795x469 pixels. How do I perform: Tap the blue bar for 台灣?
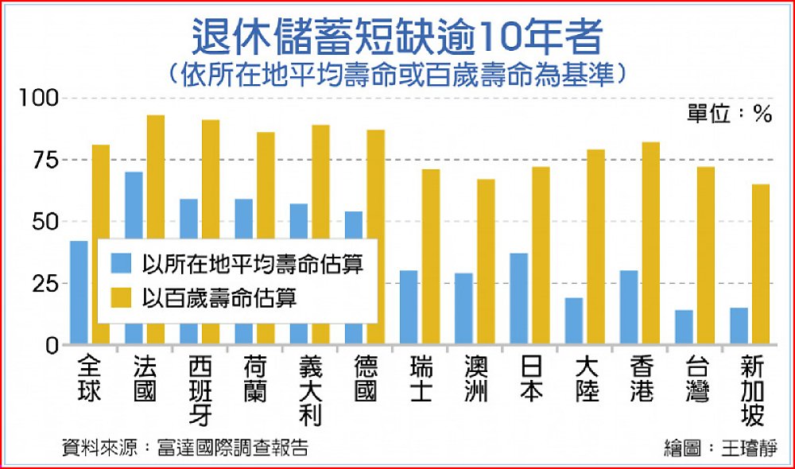point(684,328)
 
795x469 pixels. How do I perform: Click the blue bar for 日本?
point(519,299)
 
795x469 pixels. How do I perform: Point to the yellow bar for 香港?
point(650,243)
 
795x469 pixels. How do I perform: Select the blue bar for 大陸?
point(574,321)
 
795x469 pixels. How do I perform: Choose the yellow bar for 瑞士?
point(430,257)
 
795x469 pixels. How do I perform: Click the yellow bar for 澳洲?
point(485,262)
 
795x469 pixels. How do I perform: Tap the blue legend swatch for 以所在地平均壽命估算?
point(120,263)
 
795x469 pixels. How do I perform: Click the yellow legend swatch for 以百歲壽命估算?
point(120,298)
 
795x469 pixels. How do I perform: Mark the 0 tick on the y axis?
point(51,345)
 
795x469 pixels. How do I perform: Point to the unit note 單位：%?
point(729,114)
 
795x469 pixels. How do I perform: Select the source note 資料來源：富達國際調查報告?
point(185,447)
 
